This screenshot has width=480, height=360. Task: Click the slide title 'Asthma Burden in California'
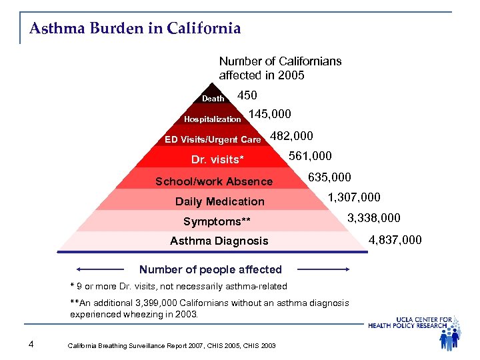(135, 29)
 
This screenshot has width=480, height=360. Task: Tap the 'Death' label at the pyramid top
(213, 99)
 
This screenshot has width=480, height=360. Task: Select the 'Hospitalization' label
(213, 119)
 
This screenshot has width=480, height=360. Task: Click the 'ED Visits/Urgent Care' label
(213, 140)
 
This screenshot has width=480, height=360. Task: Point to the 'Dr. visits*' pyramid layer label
(218, 160)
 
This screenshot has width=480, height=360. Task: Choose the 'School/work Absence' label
(214, 181)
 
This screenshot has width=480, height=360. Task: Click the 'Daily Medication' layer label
(219, 201)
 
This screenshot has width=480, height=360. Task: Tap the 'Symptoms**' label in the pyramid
(217, 221)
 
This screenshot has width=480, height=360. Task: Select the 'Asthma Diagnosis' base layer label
(219, 241)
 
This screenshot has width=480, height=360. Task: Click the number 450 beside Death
(247, 95)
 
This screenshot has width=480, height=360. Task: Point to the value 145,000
(269, 115)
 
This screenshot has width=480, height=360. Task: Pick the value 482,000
(291, 136)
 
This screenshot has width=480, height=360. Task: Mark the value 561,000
(310, 157)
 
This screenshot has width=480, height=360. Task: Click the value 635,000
(329, 178)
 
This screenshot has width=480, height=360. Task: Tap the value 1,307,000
(354, 197)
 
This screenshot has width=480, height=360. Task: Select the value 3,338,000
(374, 218)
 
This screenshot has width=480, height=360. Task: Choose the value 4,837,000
(395, 239)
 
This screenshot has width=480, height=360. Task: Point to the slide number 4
(31, 344)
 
